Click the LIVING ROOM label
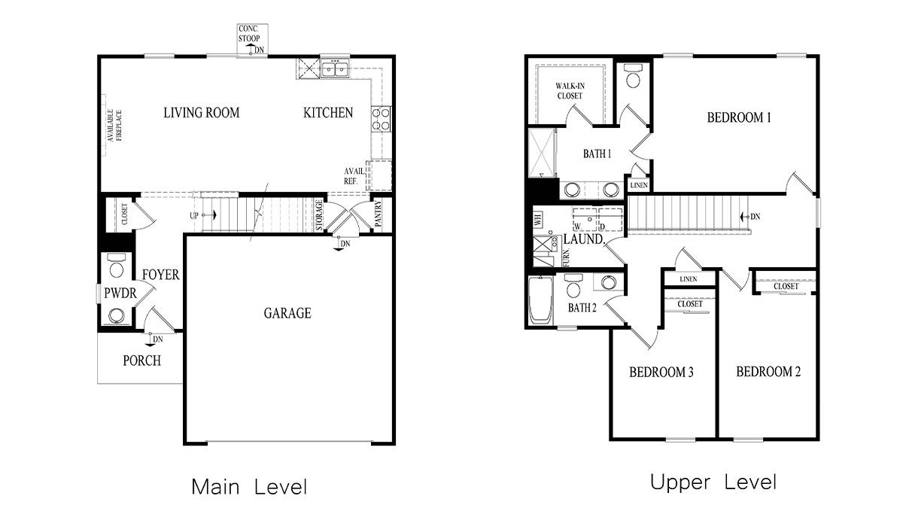[202, 113]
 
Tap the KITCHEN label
[328, 113]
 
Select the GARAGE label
[287, 313]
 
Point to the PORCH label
[141, 360]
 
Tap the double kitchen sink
[334, 70]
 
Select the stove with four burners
[381, 119]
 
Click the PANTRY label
[379, 213]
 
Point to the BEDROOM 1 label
[739, 117]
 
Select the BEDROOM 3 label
[661, 372]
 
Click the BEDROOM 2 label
[768, 372]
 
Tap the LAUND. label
[585, 239]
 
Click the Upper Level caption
[713, 482]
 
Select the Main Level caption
[249, 486]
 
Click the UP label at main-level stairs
[195, 215]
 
